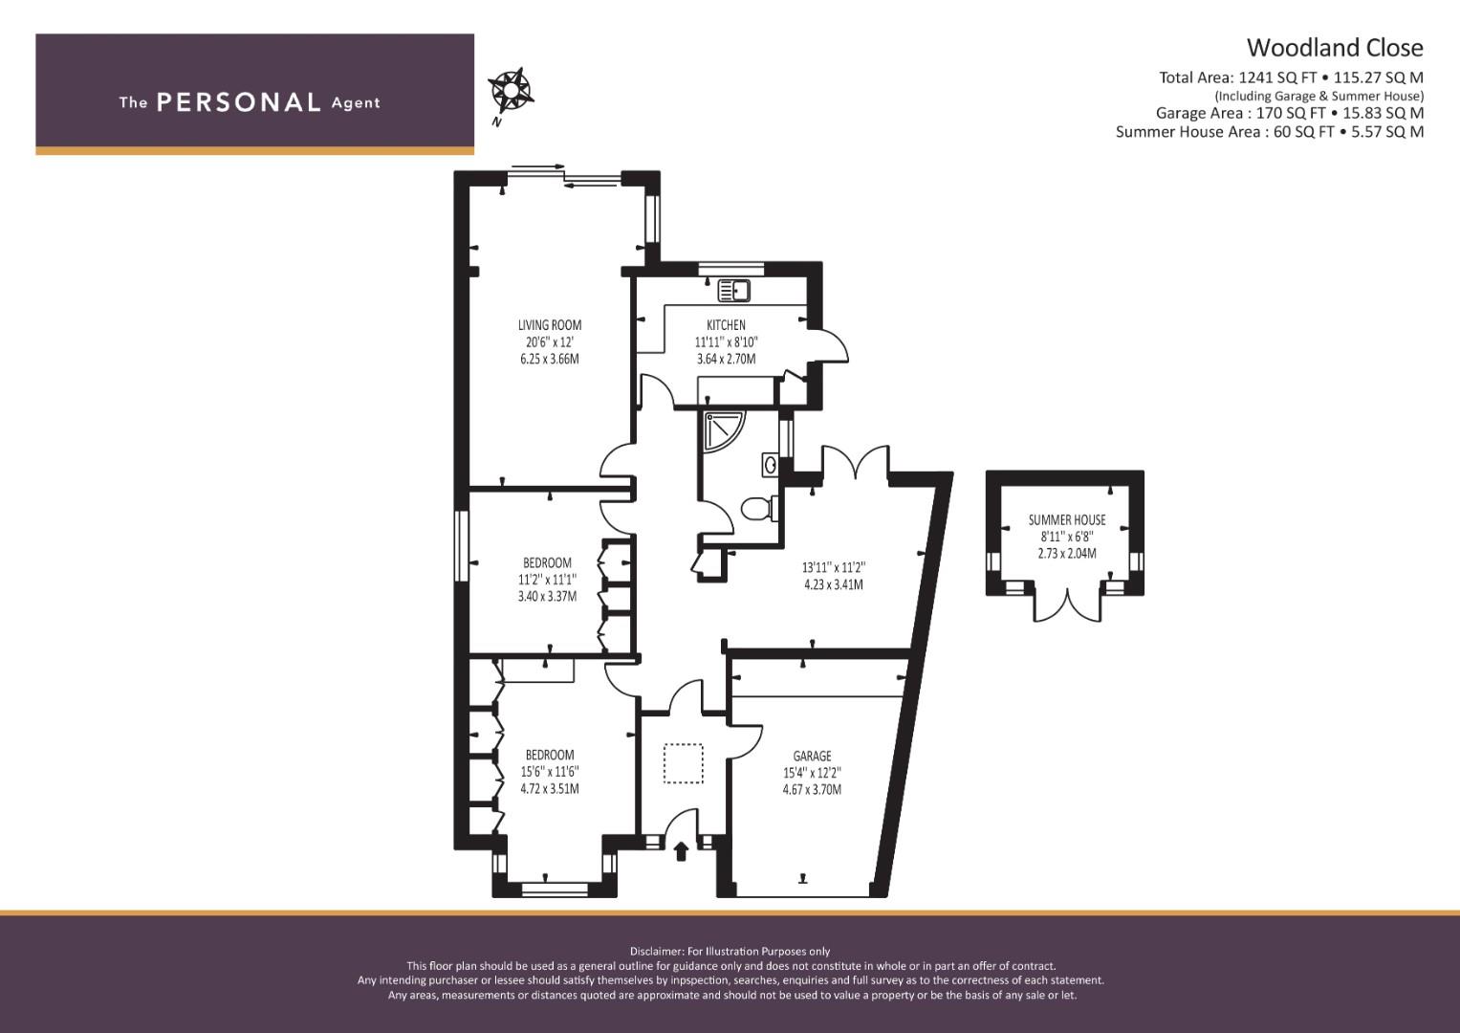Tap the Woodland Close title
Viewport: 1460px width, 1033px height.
point(1335,48)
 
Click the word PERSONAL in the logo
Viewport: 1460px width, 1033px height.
point(239,102)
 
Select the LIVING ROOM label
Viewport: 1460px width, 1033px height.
point(550,325)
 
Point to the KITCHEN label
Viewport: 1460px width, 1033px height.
point(726,325)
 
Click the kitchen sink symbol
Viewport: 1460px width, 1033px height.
point(734,291)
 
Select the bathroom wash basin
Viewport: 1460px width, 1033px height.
point(771,465)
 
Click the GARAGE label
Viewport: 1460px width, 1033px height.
point(812,756)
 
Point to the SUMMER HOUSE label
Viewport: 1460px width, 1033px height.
point(1067,519)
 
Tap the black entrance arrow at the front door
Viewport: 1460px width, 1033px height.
point(681,851)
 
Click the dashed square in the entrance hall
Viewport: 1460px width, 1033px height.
point(684,763)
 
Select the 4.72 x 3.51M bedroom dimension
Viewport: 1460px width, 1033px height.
point(550,788)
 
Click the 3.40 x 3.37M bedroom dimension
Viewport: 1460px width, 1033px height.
point(548,596)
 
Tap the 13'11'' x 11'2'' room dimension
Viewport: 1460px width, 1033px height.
point(834,568)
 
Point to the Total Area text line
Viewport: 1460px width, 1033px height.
point(1291,77)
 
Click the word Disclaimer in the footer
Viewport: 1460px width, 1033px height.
point(657,952)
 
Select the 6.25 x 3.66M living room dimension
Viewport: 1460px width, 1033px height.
point(550,359)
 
